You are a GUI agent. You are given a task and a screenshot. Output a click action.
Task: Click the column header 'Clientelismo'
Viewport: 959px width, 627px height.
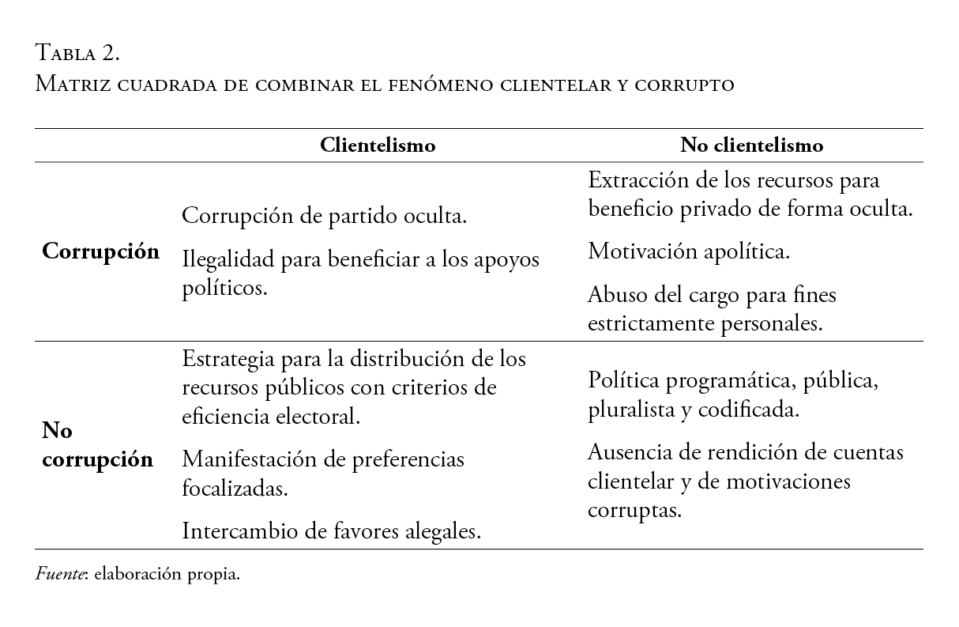coord(378,145)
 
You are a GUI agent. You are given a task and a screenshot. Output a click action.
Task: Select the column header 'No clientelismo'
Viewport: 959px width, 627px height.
coord(752,145)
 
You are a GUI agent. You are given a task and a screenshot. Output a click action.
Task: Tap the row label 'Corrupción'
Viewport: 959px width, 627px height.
coord(100,251)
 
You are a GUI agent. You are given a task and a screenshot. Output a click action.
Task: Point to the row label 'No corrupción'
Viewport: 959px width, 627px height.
coord(96,445)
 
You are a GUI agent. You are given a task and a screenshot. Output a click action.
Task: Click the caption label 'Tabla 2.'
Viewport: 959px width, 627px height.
coord(77,54)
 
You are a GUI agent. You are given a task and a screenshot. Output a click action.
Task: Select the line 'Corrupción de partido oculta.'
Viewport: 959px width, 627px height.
coord(324,216)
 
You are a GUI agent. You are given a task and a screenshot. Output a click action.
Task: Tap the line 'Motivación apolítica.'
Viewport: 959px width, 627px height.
coord(689,251)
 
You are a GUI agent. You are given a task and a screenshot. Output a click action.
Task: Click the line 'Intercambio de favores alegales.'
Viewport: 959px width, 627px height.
coord(332,531)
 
